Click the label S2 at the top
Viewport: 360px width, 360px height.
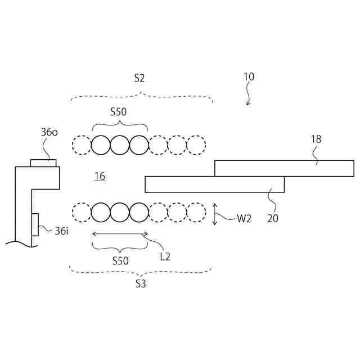140,78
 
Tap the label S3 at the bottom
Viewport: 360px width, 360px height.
141,284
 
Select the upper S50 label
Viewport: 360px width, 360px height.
118,111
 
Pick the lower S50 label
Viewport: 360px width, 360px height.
120,260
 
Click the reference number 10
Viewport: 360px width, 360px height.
249,76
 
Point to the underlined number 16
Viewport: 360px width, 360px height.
100,177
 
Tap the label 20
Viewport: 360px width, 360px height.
273,218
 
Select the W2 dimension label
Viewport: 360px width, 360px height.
244,218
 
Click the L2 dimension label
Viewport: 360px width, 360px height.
165,256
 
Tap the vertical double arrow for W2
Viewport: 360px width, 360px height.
215,214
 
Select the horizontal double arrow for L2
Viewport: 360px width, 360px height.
120,234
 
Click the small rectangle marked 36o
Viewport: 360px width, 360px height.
43,163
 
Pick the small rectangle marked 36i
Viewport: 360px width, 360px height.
35,224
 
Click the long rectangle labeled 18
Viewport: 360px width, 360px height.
283,168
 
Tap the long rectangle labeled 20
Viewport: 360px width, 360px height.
214,184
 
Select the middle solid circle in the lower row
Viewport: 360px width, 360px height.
120,213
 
